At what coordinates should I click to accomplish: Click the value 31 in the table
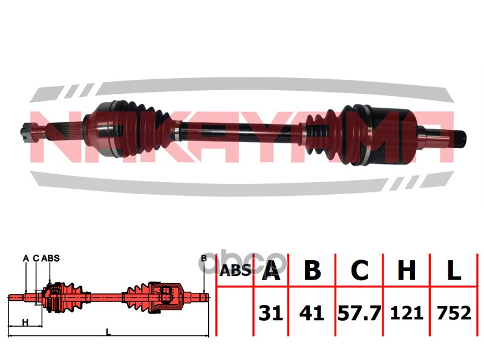[270, 313]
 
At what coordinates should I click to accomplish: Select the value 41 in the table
[312, 313]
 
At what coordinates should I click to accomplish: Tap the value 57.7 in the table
[359, 313]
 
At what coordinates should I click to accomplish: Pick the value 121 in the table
[407, 313]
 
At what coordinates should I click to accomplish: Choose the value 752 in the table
[454, 313]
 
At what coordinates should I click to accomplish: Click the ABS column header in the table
[235, 270]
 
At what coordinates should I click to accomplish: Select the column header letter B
[312, 270]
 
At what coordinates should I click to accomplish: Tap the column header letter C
[360, 270]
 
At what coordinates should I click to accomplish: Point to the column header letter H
[407, 270]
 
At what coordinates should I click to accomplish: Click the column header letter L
[454, 270]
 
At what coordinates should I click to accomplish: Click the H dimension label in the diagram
[25, 322]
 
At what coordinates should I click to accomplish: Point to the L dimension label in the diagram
[108, 332]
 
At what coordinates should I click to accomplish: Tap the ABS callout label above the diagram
[50, 258]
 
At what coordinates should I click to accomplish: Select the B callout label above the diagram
[204, 258]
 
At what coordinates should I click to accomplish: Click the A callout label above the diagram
[26, 258]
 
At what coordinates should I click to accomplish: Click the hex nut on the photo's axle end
[25, 132]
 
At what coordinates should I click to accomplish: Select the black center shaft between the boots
[241, 132]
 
